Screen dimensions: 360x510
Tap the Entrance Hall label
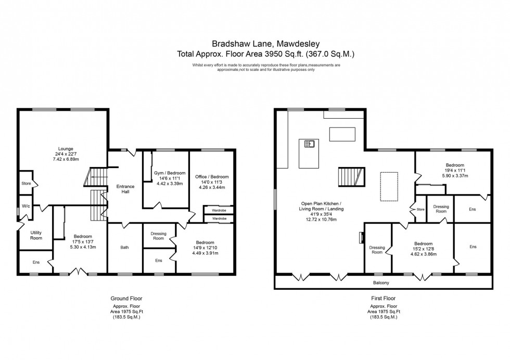[x=125, y=189]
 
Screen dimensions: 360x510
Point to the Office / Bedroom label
[x=211, y=177]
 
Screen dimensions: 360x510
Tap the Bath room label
[x=125, y=247]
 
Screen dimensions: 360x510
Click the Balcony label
[x=380, y=282]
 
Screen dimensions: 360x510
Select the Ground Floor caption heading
[x=126, y=299]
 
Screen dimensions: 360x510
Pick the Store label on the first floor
[x=420, y=210]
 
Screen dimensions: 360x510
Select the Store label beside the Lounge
[x=26, y=183]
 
